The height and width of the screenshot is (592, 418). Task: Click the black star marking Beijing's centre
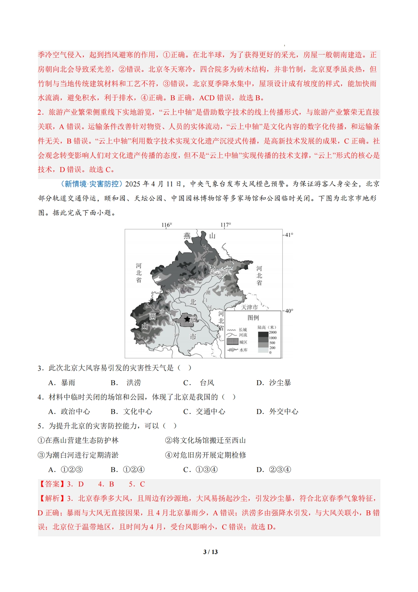[187, 319]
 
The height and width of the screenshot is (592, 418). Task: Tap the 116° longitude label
[167, 225]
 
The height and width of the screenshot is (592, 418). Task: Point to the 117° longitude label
[226, 225]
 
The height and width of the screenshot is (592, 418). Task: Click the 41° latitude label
[289, 235]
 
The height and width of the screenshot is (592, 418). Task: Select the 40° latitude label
[289, 311]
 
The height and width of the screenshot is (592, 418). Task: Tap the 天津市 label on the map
[249, 307]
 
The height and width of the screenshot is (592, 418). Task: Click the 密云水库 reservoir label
[220, 273]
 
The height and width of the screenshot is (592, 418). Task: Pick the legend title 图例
[253, 318]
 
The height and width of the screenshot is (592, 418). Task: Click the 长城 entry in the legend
[243, 330]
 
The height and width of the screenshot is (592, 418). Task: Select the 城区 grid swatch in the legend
[233, 342]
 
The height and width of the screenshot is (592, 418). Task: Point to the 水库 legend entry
[243, 350]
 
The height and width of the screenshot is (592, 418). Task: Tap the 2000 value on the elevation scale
[273, 332]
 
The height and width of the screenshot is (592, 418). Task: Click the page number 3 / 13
[210, 552]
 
